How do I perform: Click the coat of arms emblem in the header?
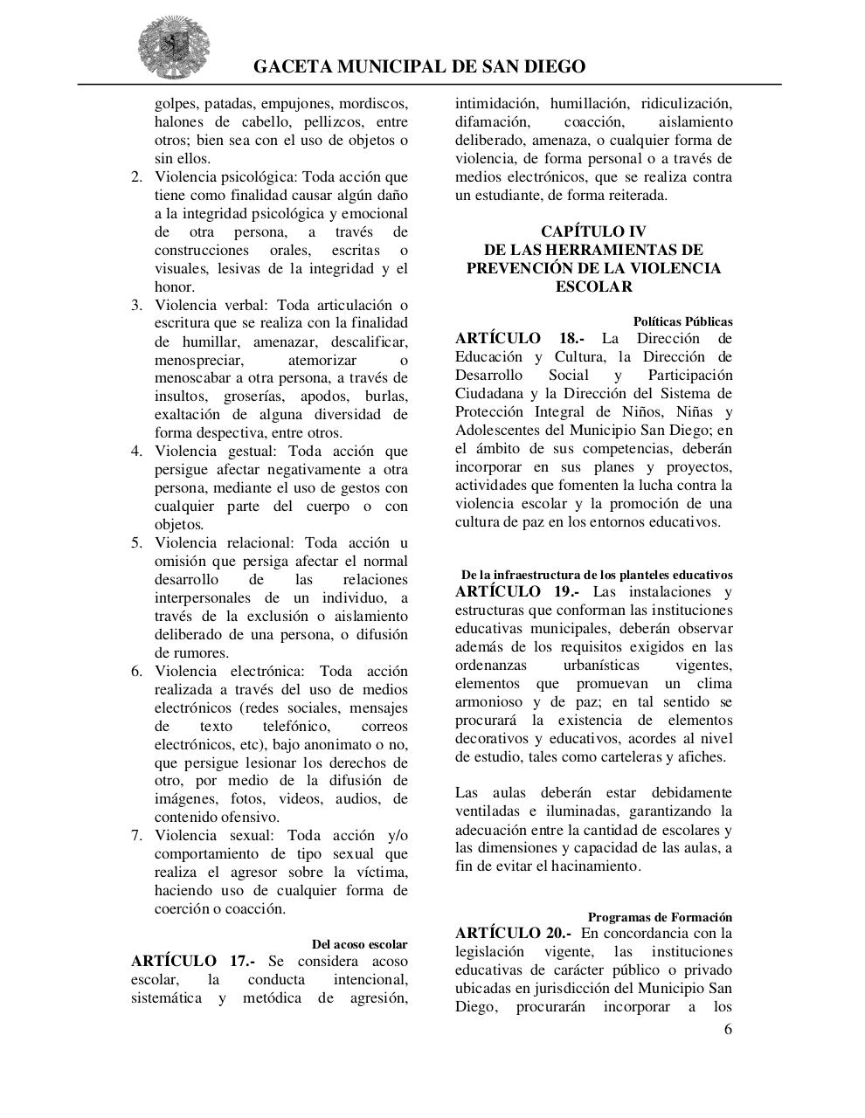(173, 46)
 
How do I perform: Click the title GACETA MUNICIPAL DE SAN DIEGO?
(419, 67)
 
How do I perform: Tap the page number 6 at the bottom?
(728, 1029)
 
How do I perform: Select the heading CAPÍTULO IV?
(593, 231)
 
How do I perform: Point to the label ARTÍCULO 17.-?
(193, 961)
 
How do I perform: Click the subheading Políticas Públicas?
(682, 321)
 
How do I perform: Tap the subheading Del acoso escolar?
(359, 944)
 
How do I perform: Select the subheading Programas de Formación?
(660, 917)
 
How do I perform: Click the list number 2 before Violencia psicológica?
(136, 177)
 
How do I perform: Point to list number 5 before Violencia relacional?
(136, 542)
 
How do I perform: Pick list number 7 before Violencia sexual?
(136, 835)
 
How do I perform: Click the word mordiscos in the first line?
(372, 104)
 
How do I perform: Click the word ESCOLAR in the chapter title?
(593, 286)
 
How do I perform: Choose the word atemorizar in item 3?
(322, 360)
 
